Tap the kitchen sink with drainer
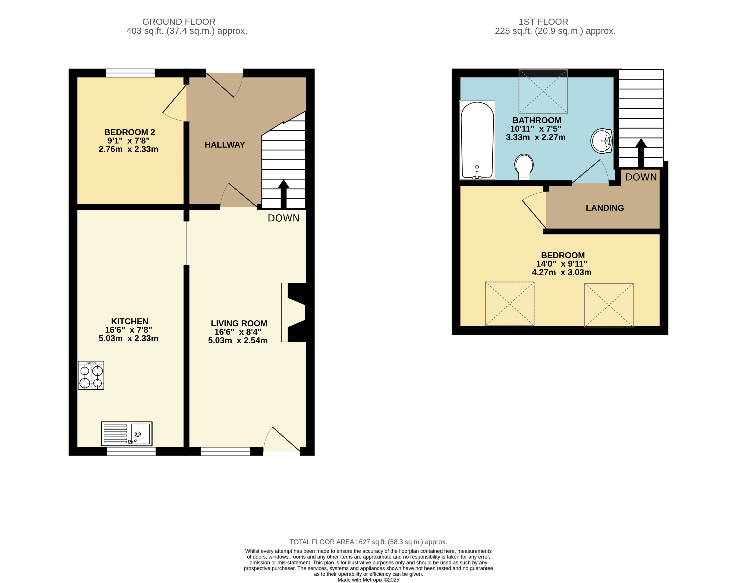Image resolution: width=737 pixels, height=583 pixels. (x=127, y=434)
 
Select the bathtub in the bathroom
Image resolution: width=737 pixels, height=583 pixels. (x=477, y=140)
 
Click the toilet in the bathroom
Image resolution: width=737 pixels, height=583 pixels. (x=524, y=167)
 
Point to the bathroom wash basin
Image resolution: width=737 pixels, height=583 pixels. (x=601, y=141)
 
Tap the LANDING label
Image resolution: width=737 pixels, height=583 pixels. (x=605, y=208)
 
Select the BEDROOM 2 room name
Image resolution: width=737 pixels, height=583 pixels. (x=129, y=132)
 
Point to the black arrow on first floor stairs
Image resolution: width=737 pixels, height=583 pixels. (x=641, y=153)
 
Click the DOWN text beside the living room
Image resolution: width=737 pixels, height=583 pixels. (x=283, y=218)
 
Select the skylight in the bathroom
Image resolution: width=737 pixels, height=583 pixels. (x=543, y=91)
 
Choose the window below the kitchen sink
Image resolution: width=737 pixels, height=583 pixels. (x=131, y=451)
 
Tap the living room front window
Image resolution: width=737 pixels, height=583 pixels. (x=225, y=451)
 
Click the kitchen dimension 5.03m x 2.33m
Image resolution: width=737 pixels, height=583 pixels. (x=129, y=338)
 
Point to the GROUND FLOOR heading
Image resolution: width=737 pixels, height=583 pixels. (x=179, y=22)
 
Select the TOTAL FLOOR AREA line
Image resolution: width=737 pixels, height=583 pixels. (x=368, y=542)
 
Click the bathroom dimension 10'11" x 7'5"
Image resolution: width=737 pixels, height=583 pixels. (x=535, y=129)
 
